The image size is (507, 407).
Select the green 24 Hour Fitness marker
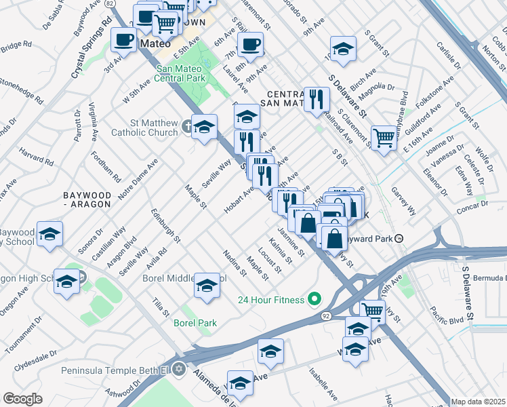(314, 298)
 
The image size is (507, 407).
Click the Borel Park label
(195, 323)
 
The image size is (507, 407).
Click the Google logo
(22, 399)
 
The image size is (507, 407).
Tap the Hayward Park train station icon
(400, 239)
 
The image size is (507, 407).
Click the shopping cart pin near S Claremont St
(384, 138)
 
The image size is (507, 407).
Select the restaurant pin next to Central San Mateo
(316, 100)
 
